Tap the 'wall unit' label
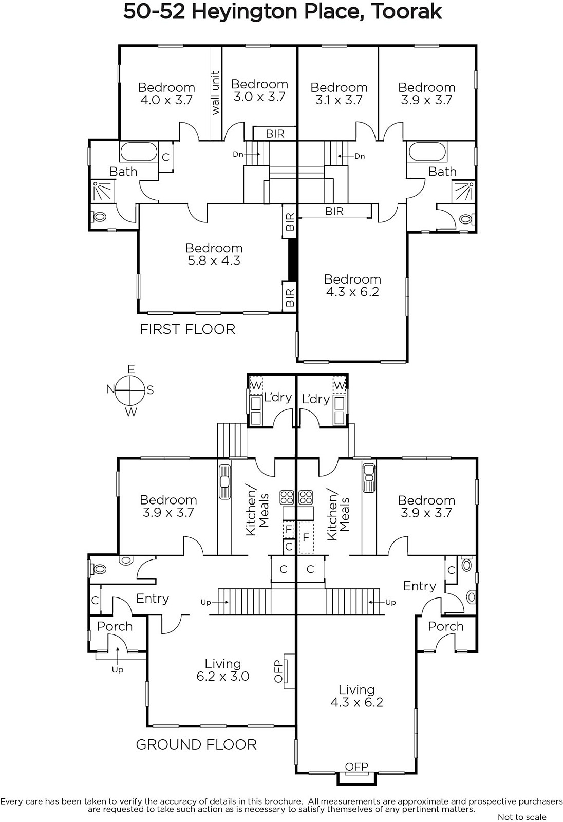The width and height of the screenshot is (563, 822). (x=215, y=92)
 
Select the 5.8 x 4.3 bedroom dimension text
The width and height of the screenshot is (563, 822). (x=214, y=260)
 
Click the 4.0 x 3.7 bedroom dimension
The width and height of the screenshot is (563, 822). (x=166, y=100)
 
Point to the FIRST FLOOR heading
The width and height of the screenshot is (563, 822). (x=187, y=329)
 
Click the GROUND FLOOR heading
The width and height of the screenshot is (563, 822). (x=196, y=744)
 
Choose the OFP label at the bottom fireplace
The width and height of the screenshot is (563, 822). (x=356, y=766)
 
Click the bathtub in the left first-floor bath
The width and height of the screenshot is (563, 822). (x=138, y=152)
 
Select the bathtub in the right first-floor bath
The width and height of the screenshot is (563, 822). (x=427, y=152)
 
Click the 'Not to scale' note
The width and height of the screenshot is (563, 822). (x=522, y=817)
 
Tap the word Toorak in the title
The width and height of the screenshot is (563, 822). (x=406, y=12)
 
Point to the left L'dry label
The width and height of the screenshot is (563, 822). (x=278, y=397)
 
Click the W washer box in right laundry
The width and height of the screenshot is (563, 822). (x=340, y=385)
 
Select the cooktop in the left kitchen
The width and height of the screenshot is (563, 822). (x=287, y=498)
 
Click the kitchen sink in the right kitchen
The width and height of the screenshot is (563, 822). (x=369, y=478)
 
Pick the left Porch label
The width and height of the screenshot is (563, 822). (x=115, y=626)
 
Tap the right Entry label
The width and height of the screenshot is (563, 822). (x=420, y=586)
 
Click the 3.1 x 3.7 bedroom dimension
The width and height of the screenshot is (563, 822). (x=339, y=100)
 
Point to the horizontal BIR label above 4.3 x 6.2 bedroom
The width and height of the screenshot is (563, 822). (x=334, y=211)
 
